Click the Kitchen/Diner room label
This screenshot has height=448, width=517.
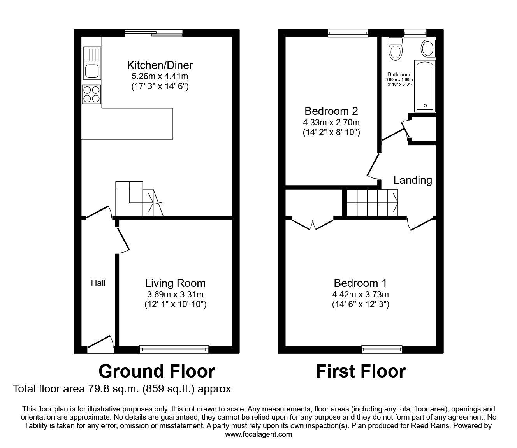160,65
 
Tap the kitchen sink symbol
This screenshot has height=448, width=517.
92,65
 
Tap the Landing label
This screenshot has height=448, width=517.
413,180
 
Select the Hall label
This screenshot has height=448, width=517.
98,283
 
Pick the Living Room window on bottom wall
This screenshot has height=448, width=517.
174,349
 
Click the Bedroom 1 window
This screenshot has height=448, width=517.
382,349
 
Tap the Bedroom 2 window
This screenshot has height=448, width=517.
348,33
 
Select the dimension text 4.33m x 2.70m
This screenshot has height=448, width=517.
331,122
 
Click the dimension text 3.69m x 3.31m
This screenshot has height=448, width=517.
175,295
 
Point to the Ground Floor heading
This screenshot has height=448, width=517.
157,371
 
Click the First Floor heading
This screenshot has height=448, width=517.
360,371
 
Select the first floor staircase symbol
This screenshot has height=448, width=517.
372,202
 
